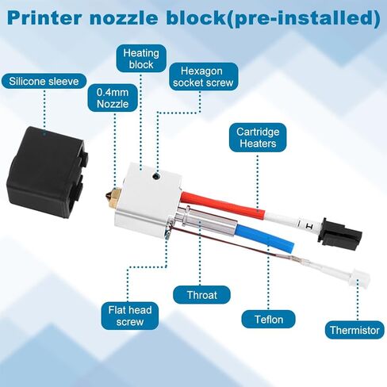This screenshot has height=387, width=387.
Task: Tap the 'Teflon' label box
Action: click(x=269, y=319)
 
